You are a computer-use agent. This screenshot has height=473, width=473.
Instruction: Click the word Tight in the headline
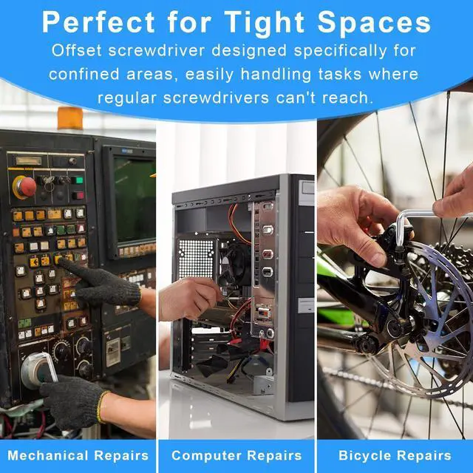click(264, 24)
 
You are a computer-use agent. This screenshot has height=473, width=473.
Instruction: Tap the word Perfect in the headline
click(98, 21)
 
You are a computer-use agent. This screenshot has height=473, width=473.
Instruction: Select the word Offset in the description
click(76, 50)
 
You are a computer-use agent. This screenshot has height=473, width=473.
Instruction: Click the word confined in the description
click(84, 74)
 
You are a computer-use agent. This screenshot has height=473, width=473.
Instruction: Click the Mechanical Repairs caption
click(78, 455)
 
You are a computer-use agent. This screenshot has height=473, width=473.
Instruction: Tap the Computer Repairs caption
click(236, 455)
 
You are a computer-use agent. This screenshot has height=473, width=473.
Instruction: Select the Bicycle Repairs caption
click(395, 455)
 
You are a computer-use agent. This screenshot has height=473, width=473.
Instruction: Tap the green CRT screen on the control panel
click(135, 199)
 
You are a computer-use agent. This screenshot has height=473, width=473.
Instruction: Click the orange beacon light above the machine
click(70, 118)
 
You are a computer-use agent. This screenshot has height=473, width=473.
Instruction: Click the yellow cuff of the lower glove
click(101, 406)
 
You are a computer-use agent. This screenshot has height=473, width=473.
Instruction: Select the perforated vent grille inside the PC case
click(196, 259)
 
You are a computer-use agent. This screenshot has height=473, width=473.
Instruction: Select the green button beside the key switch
click(79, 180)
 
